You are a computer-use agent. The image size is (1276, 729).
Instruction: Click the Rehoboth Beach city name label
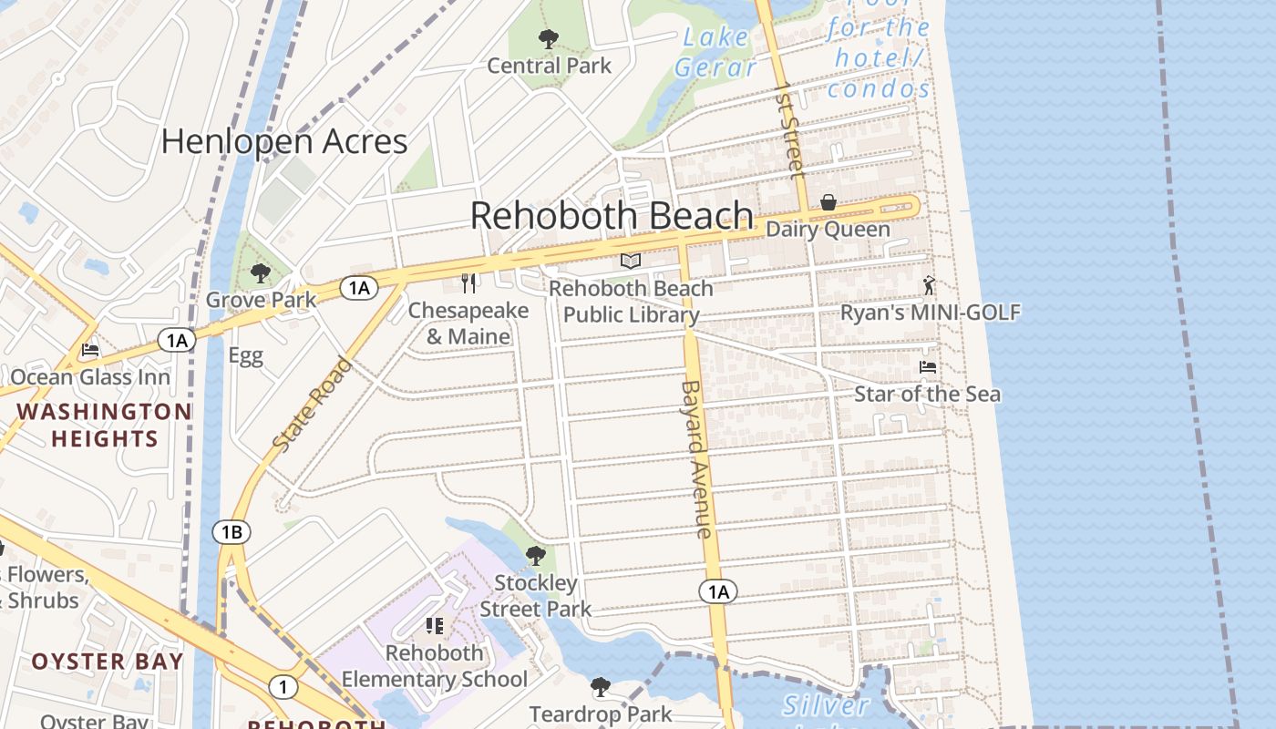[612, 216]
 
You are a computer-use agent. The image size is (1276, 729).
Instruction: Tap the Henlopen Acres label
[284, 141]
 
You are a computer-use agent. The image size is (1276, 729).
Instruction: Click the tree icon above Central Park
[548, 38]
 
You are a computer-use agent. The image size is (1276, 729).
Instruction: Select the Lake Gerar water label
[715, 52]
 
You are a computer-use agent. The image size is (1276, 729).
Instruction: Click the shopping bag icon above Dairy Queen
[828, 202]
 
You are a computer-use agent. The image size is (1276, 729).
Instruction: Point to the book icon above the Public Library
[631, 262]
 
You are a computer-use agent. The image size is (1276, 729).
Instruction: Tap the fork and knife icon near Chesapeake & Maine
[468, 283]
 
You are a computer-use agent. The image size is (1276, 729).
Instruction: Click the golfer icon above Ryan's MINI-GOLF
[929, 285]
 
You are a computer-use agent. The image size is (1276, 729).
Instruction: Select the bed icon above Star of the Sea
[928, 367]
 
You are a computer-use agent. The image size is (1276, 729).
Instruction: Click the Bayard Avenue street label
[695, 459]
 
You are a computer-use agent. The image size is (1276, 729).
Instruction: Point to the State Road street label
[313, 405]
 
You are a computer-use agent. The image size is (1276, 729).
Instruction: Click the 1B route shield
[232, 531]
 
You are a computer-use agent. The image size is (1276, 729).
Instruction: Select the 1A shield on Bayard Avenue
[718, 592]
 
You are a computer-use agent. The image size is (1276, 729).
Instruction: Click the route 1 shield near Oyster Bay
[283, 687]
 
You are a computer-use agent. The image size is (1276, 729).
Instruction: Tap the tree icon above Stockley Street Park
[536, 555]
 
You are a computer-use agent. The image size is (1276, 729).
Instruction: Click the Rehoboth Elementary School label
[435, 666]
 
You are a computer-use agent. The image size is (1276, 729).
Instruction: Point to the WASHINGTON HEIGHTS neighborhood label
[104, 425]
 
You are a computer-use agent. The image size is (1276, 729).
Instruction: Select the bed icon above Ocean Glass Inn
[89, 350]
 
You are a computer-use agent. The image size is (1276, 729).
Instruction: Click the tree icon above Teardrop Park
[600, 686]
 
